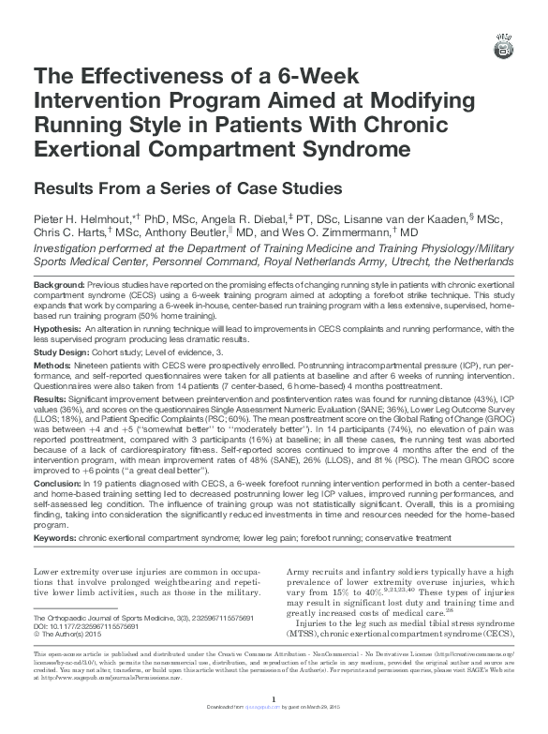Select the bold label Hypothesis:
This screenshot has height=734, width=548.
(57, 329)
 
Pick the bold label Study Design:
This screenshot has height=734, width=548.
(62, 352)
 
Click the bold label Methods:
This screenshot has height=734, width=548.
(52, 363)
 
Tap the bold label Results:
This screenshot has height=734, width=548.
(52, 397)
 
